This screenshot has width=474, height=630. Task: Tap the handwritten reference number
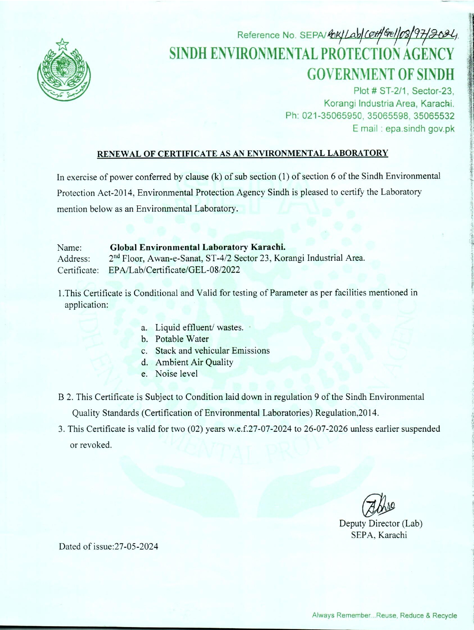click(392, 34)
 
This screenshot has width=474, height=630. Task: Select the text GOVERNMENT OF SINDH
click(380, 74)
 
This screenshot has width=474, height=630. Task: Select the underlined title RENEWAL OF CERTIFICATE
click(242, 153)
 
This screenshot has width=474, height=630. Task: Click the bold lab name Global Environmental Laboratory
click(198, 247)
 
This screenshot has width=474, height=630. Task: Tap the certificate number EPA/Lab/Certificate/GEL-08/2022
click(174, 270)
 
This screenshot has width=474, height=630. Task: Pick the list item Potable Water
click(182, 339)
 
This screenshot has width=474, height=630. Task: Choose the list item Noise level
click(177, 374)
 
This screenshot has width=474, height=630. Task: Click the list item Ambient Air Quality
click(194, 362)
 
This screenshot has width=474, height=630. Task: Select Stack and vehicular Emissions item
click(212, 351)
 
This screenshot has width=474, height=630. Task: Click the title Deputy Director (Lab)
click(380, 523)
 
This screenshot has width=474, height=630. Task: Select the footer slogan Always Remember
click(384, 615)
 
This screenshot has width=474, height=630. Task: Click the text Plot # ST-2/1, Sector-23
click(404, 91)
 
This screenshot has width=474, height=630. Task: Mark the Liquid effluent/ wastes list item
click(199, 327)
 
